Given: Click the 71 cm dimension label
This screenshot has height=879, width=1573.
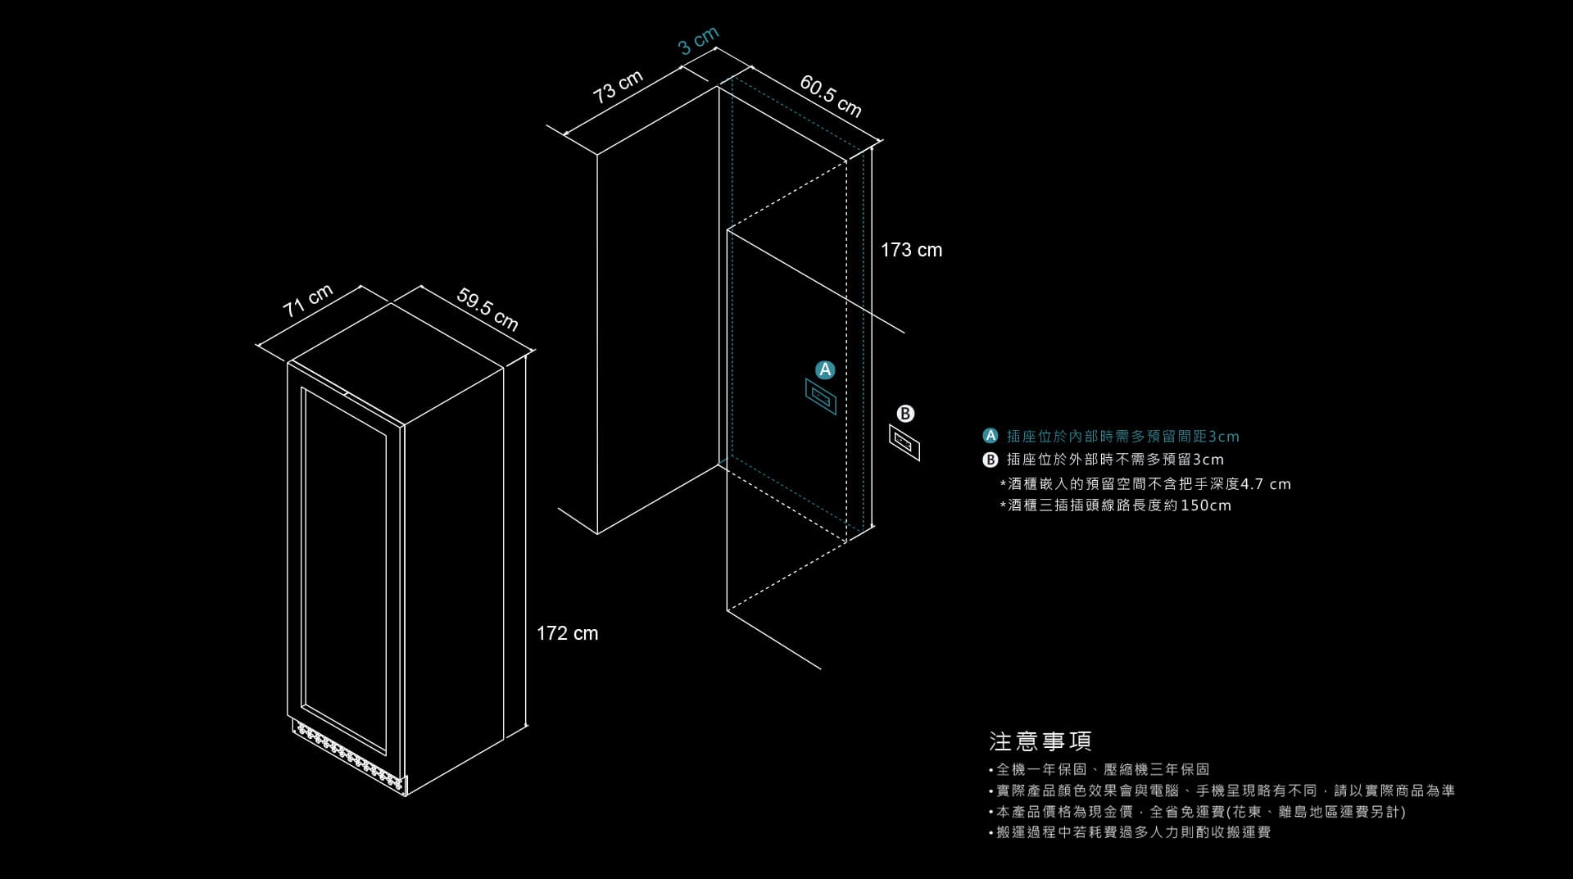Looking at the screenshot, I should [308, 301].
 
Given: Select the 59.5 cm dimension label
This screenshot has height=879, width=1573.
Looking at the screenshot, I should [487, 309].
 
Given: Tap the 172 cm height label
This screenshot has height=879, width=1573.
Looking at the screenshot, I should [567, 633].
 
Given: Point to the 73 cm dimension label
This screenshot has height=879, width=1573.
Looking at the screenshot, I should [618, 87].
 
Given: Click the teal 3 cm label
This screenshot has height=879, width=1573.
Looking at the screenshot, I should [699, 41].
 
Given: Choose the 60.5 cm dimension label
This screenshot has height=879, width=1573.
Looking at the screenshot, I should [831, 96].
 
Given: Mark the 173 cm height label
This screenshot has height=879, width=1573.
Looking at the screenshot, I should [911, 250].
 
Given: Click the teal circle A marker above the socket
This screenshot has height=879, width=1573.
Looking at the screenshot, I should [825, 369].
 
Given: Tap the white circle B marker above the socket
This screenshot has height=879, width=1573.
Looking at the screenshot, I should [904, 414].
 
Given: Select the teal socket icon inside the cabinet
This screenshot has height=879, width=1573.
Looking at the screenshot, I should [821, 396].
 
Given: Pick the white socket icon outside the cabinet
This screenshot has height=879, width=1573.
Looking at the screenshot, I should [904, 442].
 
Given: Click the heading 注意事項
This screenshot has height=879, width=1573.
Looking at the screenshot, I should [1040, 741].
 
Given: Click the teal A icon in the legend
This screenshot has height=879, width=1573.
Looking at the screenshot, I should [990, 436].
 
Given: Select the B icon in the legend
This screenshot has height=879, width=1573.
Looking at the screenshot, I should [990, 459].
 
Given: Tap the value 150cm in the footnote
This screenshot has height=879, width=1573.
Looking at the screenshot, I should [1206, 505].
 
